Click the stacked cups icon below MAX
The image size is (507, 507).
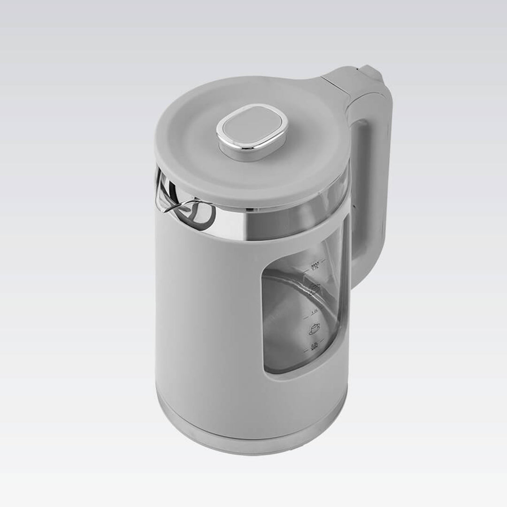pos(315,288)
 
